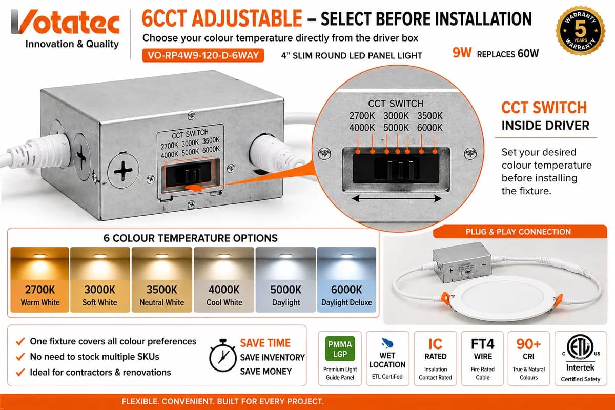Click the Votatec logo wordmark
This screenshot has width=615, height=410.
point(65,22)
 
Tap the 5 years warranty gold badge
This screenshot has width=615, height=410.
point(580,30)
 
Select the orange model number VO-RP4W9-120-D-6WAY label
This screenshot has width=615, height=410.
point(203,55)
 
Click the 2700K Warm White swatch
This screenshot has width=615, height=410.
point(40,279)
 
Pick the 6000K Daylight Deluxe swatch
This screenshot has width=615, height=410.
point(346,279)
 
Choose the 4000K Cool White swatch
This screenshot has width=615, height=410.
point(224,279)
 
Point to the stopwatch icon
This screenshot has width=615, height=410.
point(222,355)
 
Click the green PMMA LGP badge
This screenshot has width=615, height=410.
point(340,348)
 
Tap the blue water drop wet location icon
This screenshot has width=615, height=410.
point(387,343)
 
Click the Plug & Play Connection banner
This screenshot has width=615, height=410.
point(520,232)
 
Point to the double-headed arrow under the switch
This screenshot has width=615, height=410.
point(397,198)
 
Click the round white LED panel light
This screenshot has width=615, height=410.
point(497,300)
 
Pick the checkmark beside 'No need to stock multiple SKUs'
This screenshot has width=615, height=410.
point(20,357)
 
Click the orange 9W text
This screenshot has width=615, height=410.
point(462,53)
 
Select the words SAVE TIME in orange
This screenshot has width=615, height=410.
point(265,343)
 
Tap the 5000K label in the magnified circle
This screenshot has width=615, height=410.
point(396,128)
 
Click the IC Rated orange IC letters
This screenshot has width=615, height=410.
point(435,344)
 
